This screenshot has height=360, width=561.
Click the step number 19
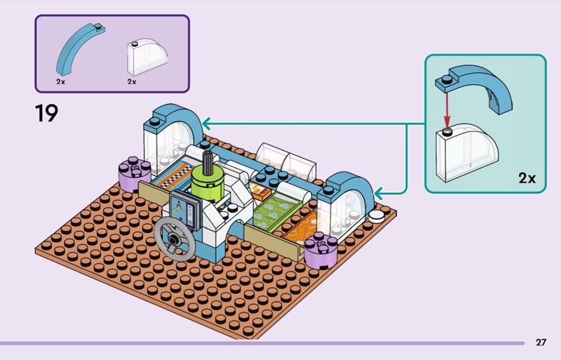click(x=46, y=113)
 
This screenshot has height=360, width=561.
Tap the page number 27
click(x=541, y=342)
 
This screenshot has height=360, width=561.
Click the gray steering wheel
click(x=173, y=239)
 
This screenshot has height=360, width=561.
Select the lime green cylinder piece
click(x=208, y=184)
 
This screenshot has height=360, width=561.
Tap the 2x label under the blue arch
click(x=61, y=81)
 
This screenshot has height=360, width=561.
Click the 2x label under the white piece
click(x=132, y=81)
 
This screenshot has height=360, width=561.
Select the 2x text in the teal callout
click(x=527, y=178)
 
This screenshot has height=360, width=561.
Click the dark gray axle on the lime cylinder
click(x=208, y=160)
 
